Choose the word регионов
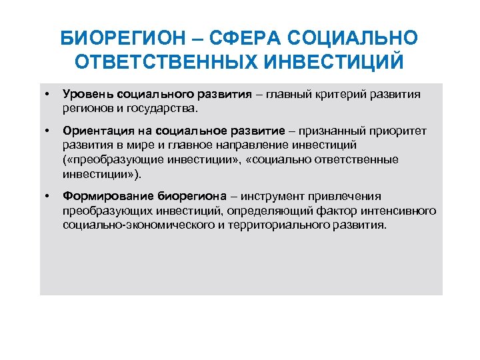(87, 107)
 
